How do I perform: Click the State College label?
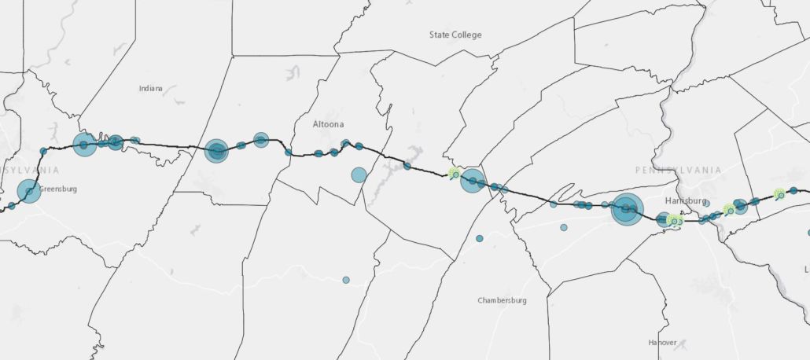click(455, 35)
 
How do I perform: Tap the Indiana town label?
click(150, 88)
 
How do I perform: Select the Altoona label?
click(328, 124)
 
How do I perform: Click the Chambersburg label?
click(502, 300)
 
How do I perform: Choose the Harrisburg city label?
click(686, 200)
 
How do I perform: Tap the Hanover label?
click(662, 343)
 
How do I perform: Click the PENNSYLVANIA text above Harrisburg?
click(678, 170)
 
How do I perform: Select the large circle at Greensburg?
click(29, 191)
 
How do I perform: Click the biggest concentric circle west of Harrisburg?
click(627, 209)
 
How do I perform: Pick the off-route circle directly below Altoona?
click(359, 174)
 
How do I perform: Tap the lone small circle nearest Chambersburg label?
click(479, 238)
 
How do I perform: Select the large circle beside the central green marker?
click(473, 180)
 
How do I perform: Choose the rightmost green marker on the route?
click(779, 194)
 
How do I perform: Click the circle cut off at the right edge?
click(808, 233)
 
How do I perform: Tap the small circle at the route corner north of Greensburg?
click(43, 150)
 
